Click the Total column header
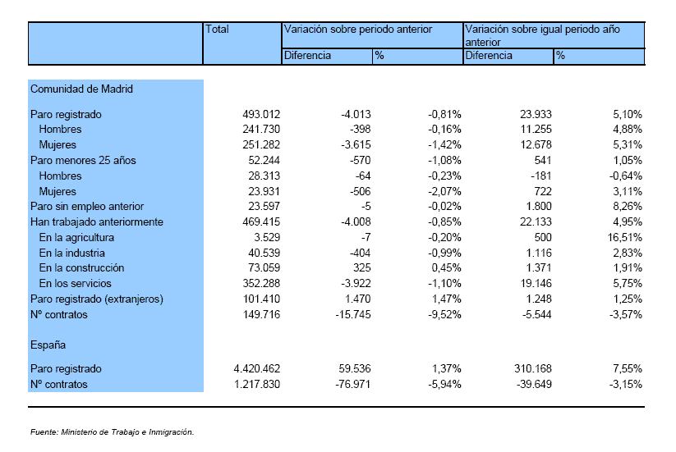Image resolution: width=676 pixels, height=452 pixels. [217, 30]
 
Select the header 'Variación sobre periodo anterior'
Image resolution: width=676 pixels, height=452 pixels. [358, 30]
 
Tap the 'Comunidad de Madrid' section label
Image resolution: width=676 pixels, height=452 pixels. [81, 89]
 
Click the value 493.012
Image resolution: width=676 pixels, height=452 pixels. [261, 115]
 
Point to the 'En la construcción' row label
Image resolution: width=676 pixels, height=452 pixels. [81, 267]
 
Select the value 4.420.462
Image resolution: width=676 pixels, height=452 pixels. [257, 369]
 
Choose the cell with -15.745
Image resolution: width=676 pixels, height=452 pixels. [353, 315]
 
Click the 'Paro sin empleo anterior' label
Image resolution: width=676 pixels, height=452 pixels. [87, 207]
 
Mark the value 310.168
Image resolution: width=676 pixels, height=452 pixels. [533, 369]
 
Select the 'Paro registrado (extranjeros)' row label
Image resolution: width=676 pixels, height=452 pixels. [97, 299]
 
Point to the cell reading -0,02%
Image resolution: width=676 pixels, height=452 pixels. [444, 207]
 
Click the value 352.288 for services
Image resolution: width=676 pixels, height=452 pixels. [261, 284]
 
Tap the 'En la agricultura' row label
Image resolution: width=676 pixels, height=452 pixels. [76, 238]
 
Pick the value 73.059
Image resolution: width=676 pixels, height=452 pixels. [264, 267]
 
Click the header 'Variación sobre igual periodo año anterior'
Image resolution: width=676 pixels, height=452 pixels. [542, 36]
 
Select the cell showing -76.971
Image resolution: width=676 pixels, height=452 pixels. [353, 385]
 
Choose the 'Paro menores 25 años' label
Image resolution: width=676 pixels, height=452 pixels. [83, 161]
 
